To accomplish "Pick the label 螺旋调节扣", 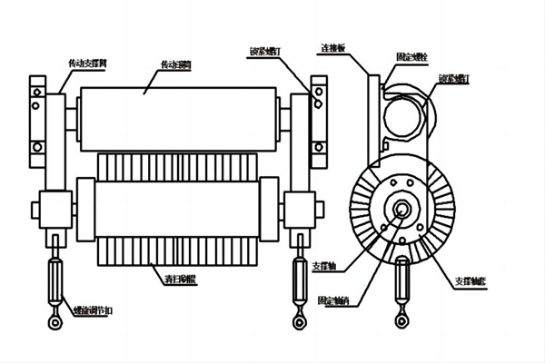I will tap(91, 309).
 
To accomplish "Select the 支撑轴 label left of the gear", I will tap(324, 267).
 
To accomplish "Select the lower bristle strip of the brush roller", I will tap(177, 251).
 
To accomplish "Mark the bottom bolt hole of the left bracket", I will tap(37, 147).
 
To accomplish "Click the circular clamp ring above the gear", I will tap(401, 113).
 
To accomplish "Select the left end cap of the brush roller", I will tap(85, 209).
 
